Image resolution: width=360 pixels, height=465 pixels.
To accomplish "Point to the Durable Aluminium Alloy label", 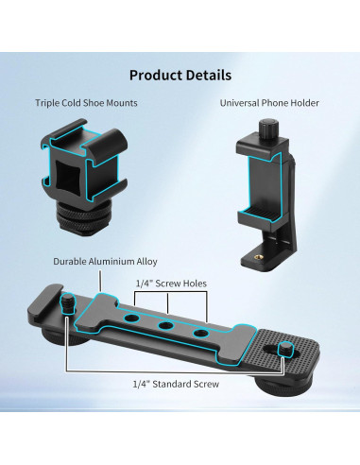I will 105,261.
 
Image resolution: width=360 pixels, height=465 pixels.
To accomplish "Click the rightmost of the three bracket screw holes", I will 197,335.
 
